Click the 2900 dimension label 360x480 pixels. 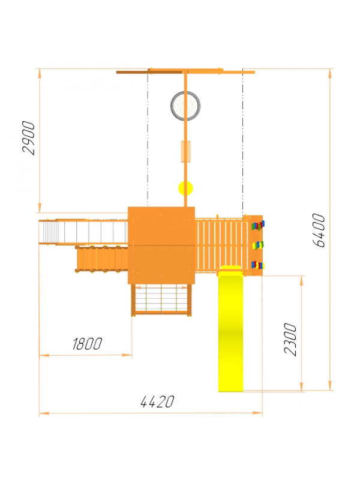(x=28, y=138)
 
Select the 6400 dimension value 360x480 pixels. (x=319, y=230)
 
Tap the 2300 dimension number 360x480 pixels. (x=290, y=339)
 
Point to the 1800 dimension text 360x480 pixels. (x=87, y=344)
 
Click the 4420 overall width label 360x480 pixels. (x=157, y=401)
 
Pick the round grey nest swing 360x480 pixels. (x=185, y=106)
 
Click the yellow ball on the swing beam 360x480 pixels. (x=185, y=188)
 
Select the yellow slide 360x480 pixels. (x=230, y=328)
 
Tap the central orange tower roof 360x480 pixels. (x=161, y=245)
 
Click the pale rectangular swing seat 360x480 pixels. (x=186, y=151)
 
